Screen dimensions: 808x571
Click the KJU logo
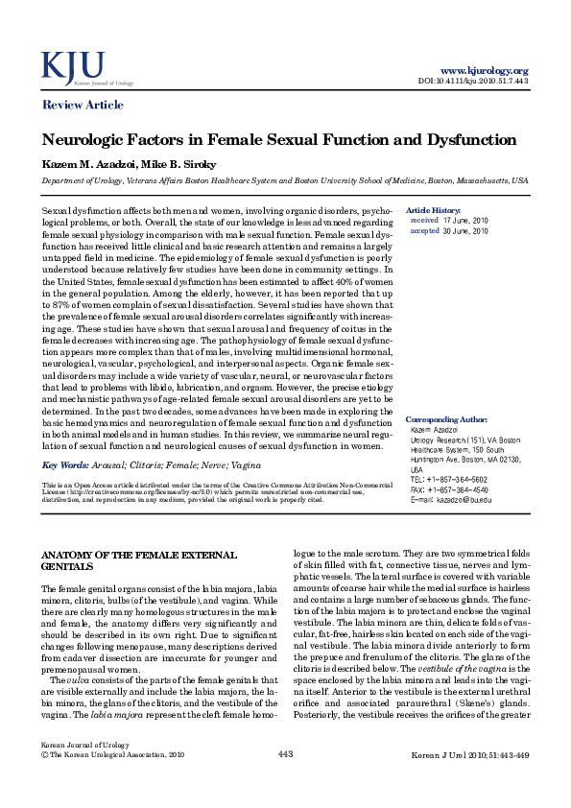(72, 67)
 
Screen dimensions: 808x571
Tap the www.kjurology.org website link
(484, 71)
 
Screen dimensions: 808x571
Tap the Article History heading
(434, 209)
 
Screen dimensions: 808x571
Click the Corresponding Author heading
(446, 419)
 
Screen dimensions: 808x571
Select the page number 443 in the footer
(285, 782)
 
